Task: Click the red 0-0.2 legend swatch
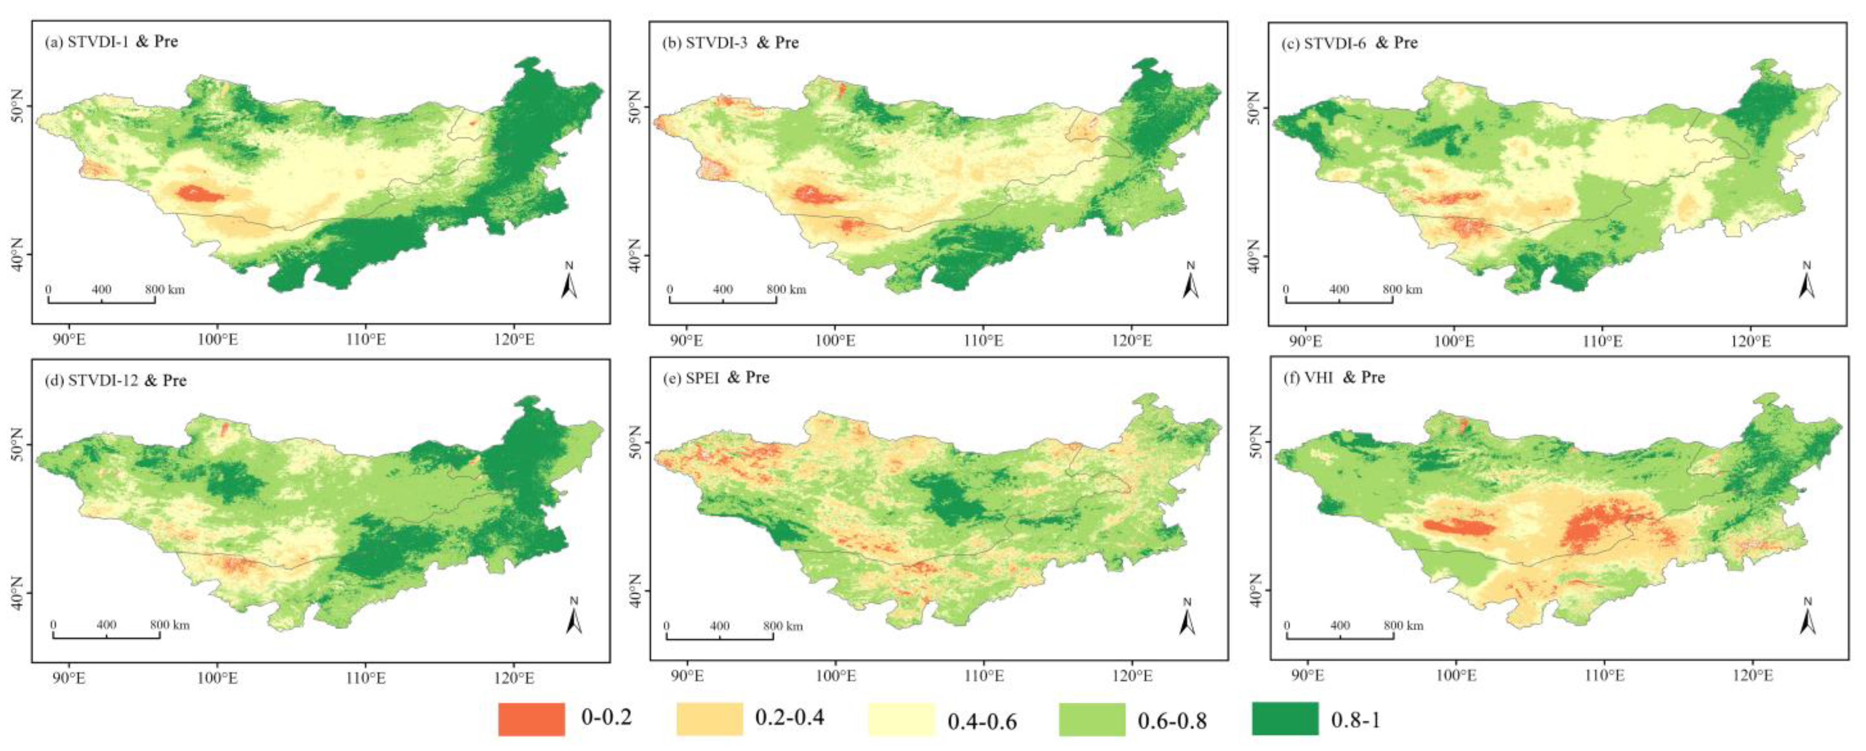pos(531,719)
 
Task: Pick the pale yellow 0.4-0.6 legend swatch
pos(901,719)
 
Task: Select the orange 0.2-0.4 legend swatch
pos(709,719)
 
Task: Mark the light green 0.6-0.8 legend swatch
pos(1092,719)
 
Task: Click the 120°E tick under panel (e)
pos(1132,676)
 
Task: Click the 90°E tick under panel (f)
pos(1308,676)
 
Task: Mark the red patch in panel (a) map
pos(199,194)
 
